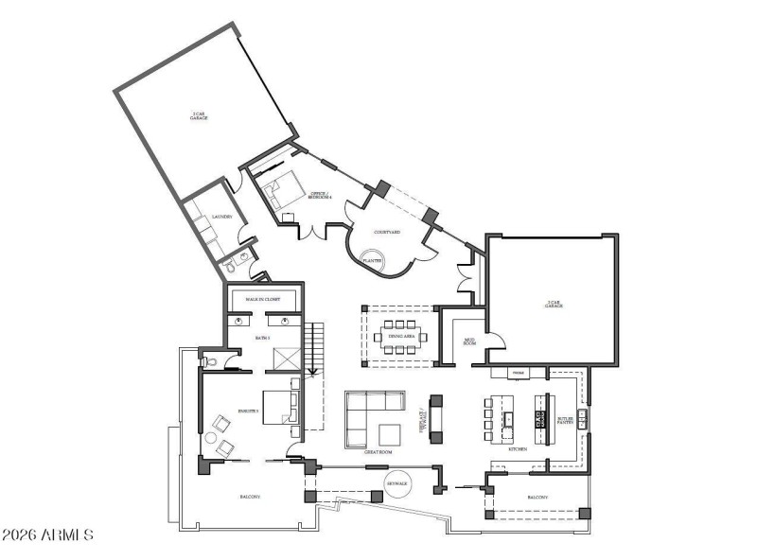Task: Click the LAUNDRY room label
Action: pos(222,216)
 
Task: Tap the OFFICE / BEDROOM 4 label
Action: pos(321,196)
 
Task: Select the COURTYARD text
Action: pos(387,232)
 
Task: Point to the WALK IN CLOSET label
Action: pos(263,299)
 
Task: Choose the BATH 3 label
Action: pos(263,337)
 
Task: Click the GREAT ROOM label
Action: pos(378,452)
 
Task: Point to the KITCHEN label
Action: pos(518,449)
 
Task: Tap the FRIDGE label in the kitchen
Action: pos(519,374)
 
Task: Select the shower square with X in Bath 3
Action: pos(285,359)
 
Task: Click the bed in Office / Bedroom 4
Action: pos(276,192)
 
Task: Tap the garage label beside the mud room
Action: pos(554,304)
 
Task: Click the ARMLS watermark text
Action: pos(47,535)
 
